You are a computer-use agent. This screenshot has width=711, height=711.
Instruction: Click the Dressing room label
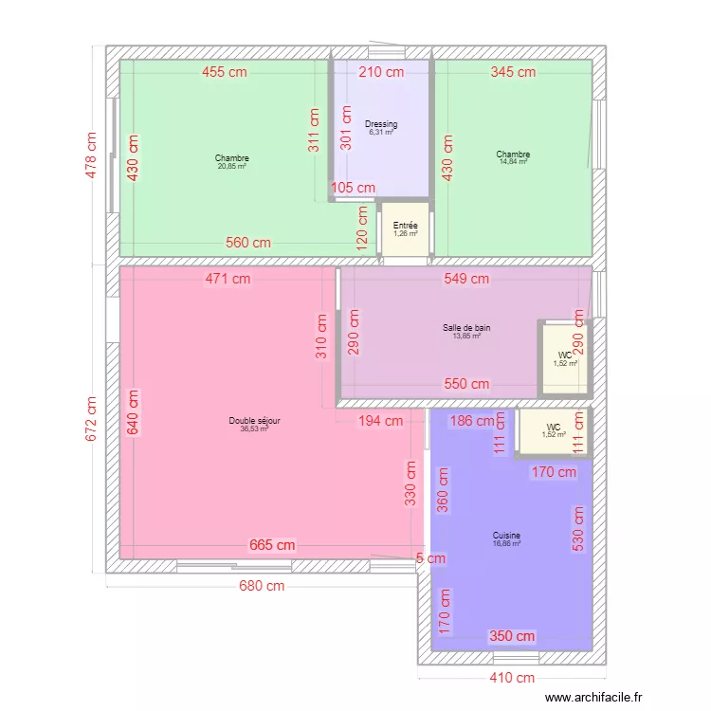[x=381, y=124]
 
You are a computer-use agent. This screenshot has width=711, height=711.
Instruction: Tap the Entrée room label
[x=405, y=226]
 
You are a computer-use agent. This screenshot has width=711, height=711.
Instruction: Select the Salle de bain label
[x=466, y=328]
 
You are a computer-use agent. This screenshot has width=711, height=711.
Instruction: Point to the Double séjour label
[x=254, y=421]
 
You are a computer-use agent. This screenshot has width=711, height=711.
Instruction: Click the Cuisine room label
[x=506, y=536]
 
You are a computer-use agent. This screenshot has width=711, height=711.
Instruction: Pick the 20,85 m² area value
[x=231, y=166]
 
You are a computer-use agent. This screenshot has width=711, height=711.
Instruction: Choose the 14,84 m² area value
[x=513, y=162]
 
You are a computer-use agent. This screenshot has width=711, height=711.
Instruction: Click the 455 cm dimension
[x=225, y=71]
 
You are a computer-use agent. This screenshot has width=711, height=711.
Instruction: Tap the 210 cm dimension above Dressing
[x=381, y=71]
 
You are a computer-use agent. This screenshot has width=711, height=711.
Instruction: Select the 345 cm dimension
[x=513, y=71]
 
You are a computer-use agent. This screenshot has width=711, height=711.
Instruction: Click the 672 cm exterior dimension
[x=92, y=417]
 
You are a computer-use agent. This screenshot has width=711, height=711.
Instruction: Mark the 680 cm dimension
[x=261, y=586]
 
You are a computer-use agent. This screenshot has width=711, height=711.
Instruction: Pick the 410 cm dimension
[x=511, y=677]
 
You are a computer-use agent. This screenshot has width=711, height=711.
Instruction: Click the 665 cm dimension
[x=272, y=545]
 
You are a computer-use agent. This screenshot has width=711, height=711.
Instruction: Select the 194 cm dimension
[x=380, y=421]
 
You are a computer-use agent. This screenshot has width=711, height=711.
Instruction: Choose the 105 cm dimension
[x=354, y=188]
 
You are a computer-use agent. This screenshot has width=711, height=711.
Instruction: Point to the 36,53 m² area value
[x=254, y=428]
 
